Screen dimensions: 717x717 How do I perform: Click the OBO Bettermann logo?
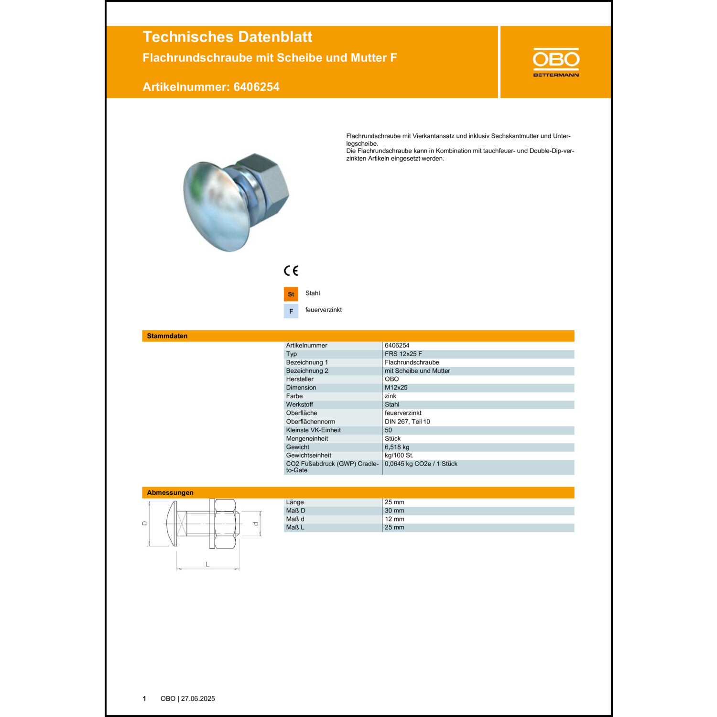coord(556,62)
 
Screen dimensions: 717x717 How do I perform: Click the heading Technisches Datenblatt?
coord(227,37)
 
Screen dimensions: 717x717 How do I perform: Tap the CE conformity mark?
coord(291,271)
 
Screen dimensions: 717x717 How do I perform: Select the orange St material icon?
coord(291,294)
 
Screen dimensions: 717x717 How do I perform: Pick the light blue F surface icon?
coord(291,311)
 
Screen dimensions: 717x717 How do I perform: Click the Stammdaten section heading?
coord(167,336)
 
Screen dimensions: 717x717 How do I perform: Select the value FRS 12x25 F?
coord(403,354)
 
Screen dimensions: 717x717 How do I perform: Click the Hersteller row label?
coord(300,379)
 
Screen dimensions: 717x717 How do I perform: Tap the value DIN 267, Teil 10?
coord(407,422)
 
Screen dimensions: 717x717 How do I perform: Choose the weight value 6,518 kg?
coord(397,447)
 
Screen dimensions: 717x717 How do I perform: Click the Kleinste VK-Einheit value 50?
coord(388,430)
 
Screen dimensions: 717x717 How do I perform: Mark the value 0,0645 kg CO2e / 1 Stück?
coord(421,464)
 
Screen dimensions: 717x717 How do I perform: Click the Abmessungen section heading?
coord(170,492)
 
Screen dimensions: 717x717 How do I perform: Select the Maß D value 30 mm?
coord(394,511)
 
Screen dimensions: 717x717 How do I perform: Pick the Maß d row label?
coord(295,519)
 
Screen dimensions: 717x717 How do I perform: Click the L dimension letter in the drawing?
coord(207,565)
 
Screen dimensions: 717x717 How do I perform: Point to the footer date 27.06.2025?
coord(198,698)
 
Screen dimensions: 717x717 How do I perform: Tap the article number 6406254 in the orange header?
coord(256,87)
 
